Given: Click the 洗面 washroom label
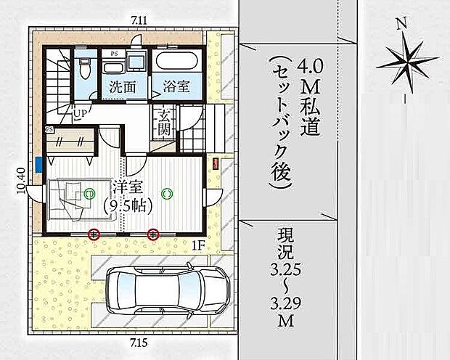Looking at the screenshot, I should coord(123,86).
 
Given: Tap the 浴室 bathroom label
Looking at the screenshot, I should coord(177,86).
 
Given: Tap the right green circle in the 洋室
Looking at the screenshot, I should coord(167,193).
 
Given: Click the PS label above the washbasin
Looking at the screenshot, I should coord(114,53).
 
